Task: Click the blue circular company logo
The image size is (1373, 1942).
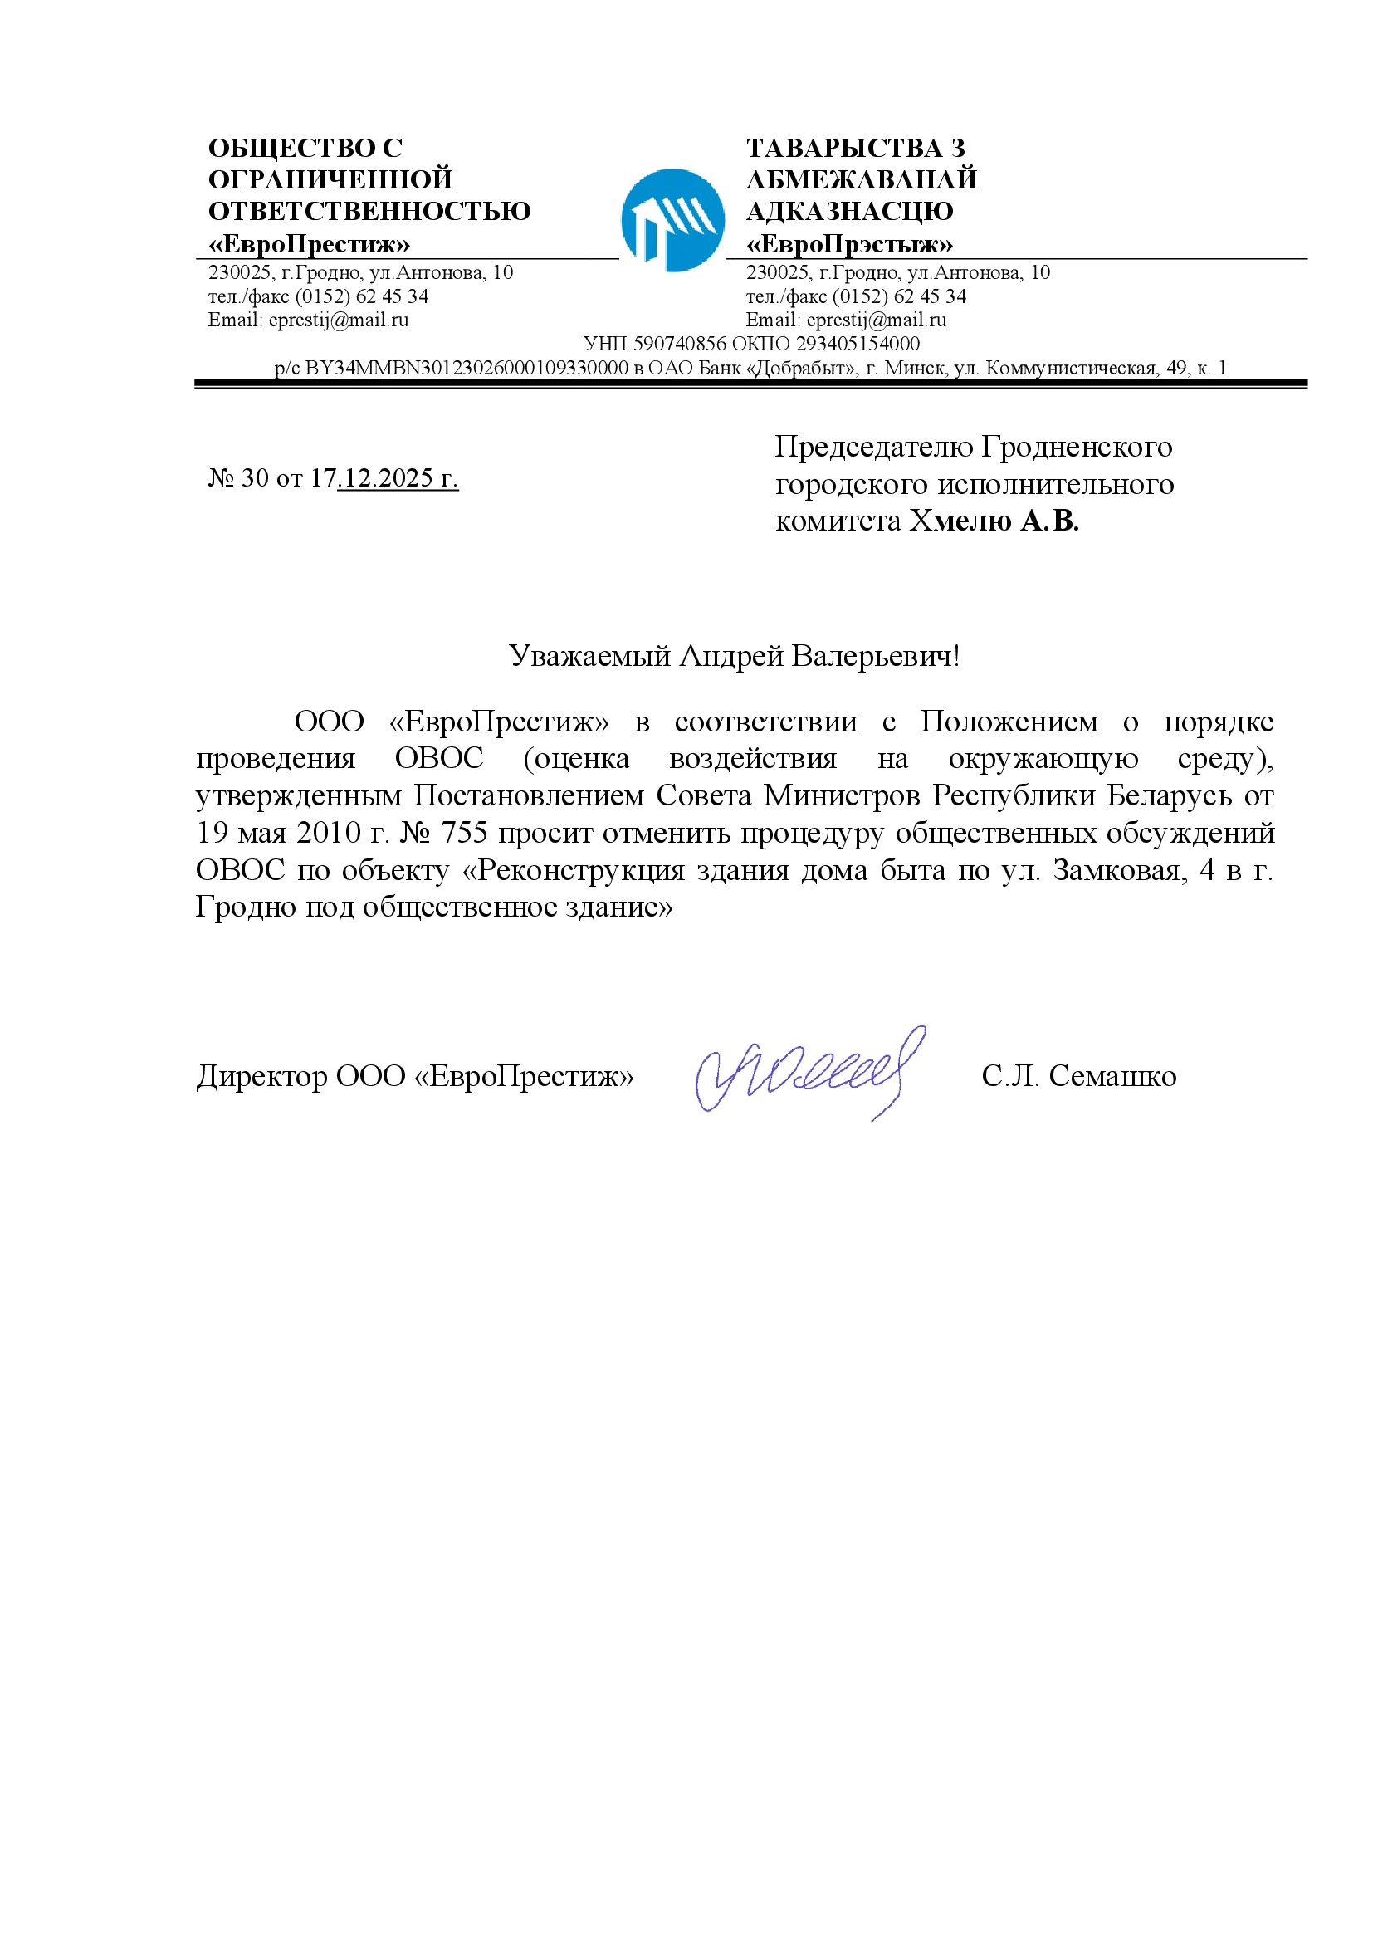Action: [672, 220]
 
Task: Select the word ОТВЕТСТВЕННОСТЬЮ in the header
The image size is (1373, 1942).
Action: [369, 211]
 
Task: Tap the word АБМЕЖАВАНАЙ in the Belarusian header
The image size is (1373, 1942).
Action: [861, 179]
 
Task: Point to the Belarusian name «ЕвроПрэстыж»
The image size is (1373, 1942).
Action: [849, 244]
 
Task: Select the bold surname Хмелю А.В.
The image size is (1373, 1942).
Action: [994, 521]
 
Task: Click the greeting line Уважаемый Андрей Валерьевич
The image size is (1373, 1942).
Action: [734, 656]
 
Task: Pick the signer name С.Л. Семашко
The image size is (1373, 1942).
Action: [1079, 1076]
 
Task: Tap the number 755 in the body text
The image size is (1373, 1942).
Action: [464, 832]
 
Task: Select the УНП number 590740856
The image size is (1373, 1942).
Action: [680, 344]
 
